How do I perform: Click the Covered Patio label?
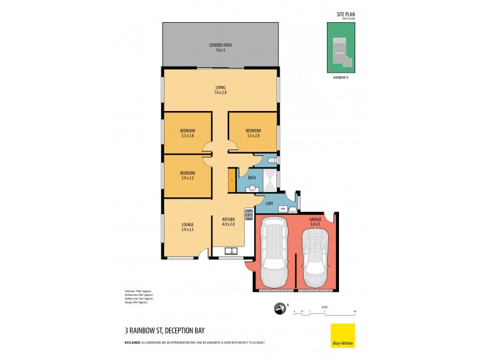(220, 47)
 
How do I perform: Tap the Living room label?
(220, 90)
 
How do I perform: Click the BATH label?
(253, 178)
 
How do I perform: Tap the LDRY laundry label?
(269, 203)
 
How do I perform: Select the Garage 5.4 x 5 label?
(315, 222)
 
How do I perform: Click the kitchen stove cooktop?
(248, 214)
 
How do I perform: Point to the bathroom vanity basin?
(253, 188)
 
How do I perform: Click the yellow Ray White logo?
(343, 335)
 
